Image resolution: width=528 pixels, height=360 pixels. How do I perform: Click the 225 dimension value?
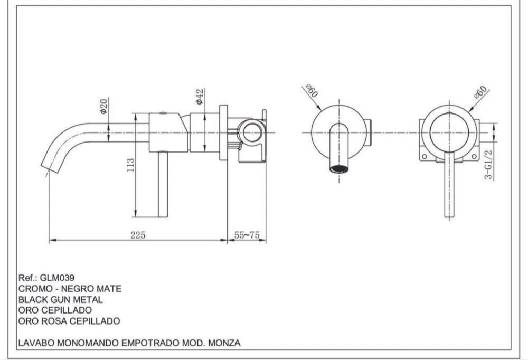click(138, 235)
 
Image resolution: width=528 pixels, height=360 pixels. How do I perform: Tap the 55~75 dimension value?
click(247, 235)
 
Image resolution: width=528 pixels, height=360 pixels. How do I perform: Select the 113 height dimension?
click(130, 165)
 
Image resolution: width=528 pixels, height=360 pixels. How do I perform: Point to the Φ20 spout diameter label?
click(103, 106)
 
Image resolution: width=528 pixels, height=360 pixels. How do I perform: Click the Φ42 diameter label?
click(200, 97)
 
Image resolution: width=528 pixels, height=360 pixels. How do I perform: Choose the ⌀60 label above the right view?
click(480, 92)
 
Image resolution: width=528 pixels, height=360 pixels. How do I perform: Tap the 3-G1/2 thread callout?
click(488, 165)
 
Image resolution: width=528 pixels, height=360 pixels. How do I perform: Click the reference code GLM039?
click(57, 278)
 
